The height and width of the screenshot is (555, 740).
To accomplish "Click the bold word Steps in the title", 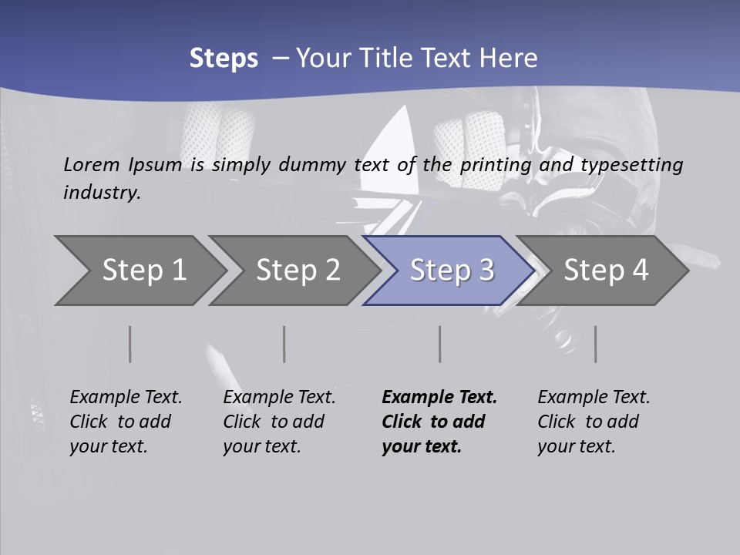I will point(224,59).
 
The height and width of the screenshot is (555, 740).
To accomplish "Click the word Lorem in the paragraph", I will point(91,164).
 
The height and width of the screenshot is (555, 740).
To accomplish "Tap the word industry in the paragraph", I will point(102,192).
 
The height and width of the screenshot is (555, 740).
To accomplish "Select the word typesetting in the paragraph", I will point(631,164).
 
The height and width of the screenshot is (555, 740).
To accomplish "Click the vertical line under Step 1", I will point(129,344).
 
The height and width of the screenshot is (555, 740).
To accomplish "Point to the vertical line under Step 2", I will point(284,344).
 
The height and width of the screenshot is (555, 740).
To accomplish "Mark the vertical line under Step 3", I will point(440,344).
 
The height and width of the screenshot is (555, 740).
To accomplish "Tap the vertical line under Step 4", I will point(596,344).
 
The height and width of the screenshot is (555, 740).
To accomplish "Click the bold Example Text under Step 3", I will point(439,397).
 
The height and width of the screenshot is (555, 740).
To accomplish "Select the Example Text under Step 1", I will point(126,397).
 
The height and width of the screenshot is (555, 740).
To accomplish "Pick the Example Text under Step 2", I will point(279,397).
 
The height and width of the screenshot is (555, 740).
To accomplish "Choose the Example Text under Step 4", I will point(594,397).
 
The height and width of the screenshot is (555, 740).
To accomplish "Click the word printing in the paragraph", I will point(496,164).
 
